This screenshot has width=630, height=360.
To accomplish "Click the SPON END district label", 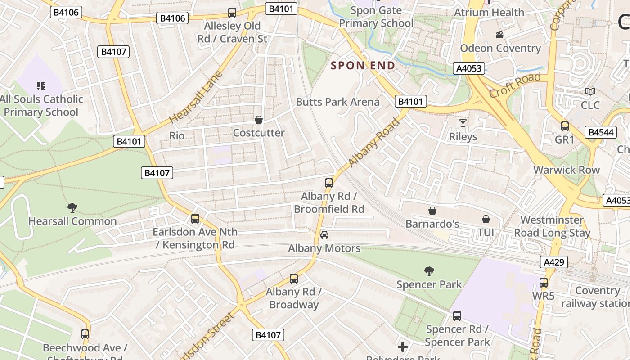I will click(363, 65).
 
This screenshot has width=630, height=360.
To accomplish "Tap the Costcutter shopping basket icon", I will click(259, 120).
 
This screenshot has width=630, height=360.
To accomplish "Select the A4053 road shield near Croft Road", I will click(469, 68).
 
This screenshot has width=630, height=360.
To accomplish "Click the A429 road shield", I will click(554, 262).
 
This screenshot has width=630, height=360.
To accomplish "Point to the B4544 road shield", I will click(600, 132).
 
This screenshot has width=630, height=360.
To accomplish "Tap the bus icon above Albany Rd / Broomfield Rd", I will click(329, 183).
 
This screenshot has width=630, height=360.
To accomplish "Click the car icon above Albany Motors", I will click(324, 235).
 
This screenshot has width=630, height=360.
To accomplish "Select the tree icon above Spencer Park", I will click(429, 271).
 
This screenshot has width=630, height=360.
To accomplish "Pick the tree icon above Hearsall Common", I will click(72, 207).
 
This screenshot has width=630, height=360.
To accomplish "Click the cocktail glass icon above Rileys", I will click(463, 123).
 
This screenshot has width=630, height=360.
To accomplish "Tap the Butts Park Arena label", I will click(337, 102).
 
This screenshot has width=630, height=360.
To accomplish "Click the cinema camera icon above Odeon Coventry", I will click(500, 35).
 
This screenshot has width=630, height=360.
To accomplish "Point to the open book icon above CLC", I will click(590, 91).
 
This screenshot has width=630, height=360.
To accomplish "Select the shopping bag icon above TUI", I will click(486, 219).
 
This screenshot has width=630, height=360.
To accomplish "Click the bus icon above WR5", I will click(544, 283).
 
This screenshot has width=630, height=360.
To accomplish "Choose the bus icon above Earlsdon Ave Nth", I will click(195, 219).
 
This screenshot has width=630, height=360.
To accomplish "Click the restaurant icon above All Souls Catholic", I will click(41, 85).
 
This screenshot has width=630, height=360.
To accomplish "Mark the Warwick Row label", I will click(566, 170).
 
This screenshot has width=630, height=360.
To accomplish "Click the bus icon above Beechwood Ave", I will click(85, 334).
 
